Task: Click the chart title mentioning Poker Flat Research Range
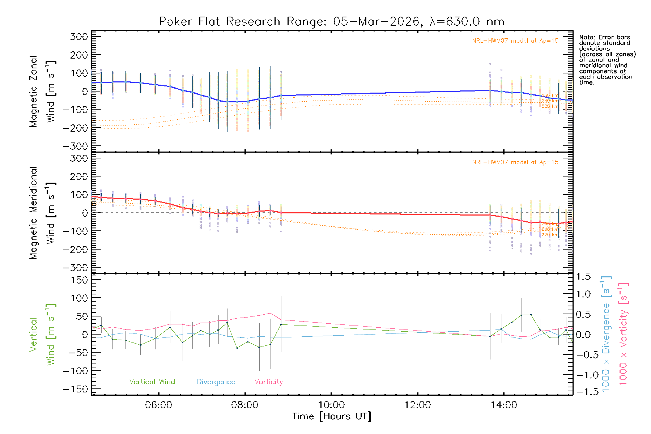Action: (331, 22)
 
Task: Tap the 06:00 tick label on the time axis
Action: (158, 405)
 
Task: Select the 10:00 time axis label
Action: (331, 405)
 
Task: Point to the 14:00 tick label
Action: (504, 405)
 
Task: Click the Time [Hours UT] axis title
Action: (331, 416)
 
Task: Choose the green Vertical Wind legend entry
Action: (152, 382)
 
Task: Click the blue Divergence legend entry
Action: (216, 382)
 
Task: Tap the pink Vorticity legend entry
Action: (268, 382)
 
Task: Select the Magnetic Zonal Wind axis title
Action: (43, 91)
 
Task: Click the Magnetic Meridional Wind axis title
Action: (43, 213)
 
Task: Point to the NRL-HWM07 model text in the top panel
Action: (515, 41)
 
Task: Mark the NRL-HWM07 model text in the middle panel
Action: (515, 162)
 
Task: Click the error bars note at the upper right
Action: (607, 60)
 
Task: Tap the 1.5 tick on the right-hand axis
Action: (583, 277)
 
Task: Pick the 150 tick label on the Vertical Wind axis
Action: (79, 280)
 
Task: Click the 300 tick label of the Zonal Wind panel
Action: (79, 37)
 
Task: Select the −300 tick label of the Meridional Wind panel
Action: (76, 268)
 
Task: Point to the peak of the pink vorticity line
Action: (270, 313)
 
